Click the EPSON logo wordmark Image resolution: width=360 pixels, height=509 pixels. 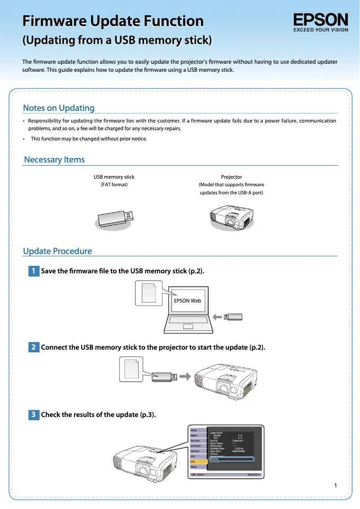coord(320,20)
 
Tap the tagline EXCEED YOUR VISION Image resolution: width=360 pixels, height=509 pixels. coord(320,30)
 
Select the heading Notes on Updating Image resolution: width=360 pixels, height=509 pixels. coord(59,108)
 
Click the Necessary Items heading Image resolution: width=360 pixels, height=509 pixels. coord(54,160)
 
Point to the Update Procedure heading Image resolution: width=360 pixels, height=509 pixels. coord(57,251)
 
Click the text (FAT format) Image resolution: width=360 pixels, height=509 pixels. coord(114,184)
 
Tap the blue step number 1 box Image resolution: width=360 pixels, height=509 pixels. coord(34,271)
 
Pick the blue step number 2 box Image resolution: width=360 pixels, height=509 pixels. coord(34,347)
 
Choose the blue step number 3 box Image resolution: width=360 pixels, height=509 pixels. coord(34,415)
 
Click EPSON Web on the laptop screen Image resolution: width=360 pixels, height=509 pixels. coord(187,301)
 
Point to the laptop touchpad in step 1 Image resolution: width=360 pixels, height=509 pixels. coord(188,326)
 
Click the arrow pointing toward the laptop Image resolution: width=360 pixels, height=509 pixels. coord(217,317)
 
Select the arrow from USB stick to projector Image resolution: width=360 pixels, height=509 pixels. coord(185,376)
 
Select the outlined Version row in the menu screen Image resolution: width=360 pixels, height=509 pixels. coord(231,459)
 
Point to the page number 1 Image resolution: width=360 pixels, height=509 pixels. coord(335,485)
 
